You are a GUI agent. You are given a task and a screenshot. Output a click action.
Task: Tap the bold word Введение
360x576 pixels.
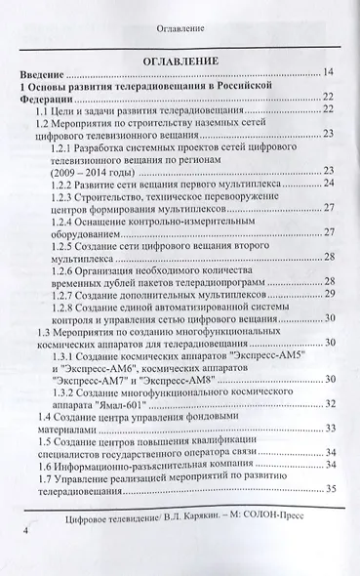[x=46, y=73]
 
